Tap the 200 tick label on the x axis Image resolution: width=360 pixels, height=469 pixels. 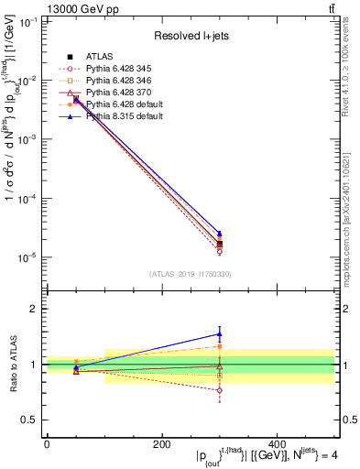tap(161, 444)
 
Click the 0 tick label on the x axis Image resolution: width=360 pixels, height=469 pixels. tap(47, 444)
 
